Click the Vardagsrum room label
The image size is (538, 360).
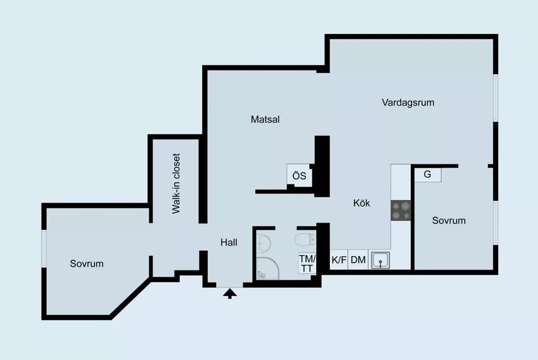(408, 103)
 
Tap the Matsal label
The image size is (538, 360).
(265, 119)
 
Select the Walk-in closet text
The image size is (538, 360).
(176, 183)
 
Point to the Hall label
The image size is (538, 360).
(229, 243)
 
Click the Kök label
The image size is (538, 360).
(362, 203)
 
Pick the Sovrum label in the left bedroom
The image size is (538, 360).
(87, 264)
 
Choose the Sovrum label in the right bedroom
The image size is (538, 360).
(449, 220)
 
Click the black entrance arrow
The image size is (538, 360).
(230, 294)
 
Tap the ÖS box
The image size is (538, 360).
(299, 175)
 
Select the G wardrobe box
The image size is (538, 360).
(428, 174)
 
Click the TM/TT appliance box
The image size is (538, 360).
(307, 263)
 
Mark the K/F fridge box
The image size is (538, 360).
(339, 260)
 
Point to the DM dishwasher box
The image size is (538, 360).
(358, 260)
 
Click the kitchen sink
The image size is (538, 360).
(380, 259)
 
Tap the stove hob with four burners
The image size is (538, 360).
(401, 210)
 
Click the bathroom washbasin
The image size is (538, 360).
(264, 243)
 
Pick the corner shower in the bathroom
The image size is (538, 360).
(267, 268)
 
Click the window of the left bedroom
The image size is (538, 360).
(44, 248)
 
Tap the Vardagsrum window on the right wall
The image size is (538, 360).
(495, 98)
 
